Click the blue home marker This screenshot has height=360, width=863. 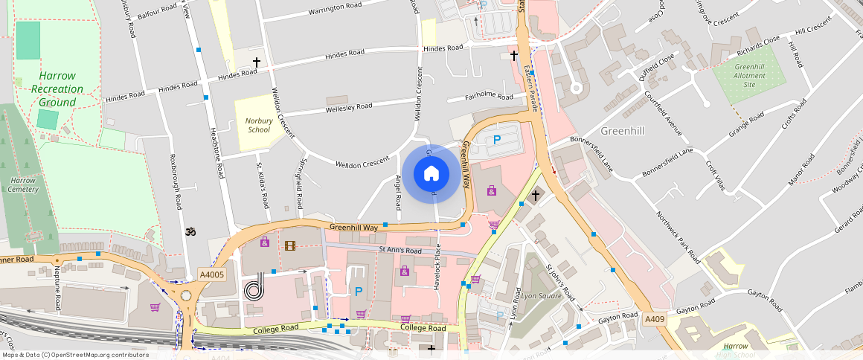[x=431, y=174]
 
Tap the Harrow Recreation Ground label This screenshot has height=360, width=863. [x=57, y=89]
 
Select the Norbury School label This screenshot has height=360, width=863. [x=259, y=124]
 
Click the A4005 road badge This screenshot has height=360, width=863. [x=212, y=275]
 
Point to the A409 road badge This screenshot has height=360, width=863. [x=655, y=319]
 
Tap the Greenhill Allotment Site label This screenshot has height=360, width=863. [x=749, y=76]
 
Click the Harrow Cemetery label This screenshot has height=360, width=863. [x=24, y=184]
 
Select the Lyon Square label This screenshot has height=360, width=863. [x=541, y=295]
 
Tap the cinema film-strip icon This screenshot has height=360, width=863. [x=289, y=245]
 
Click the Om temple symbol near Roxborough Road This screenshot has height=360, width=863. [x=189, y=231]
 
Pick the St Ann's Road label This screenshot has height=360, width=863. [x=400, y=250]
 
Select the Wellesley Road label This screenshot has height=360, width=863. [x=349, y=107]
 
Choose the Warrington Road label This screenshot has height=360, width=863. [x=333, y=7]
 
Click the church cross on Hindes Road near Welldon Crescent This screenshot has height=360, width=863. [x=257, y=62]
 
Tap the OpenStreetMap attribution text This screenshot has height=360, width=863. [x=75, y=355]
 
